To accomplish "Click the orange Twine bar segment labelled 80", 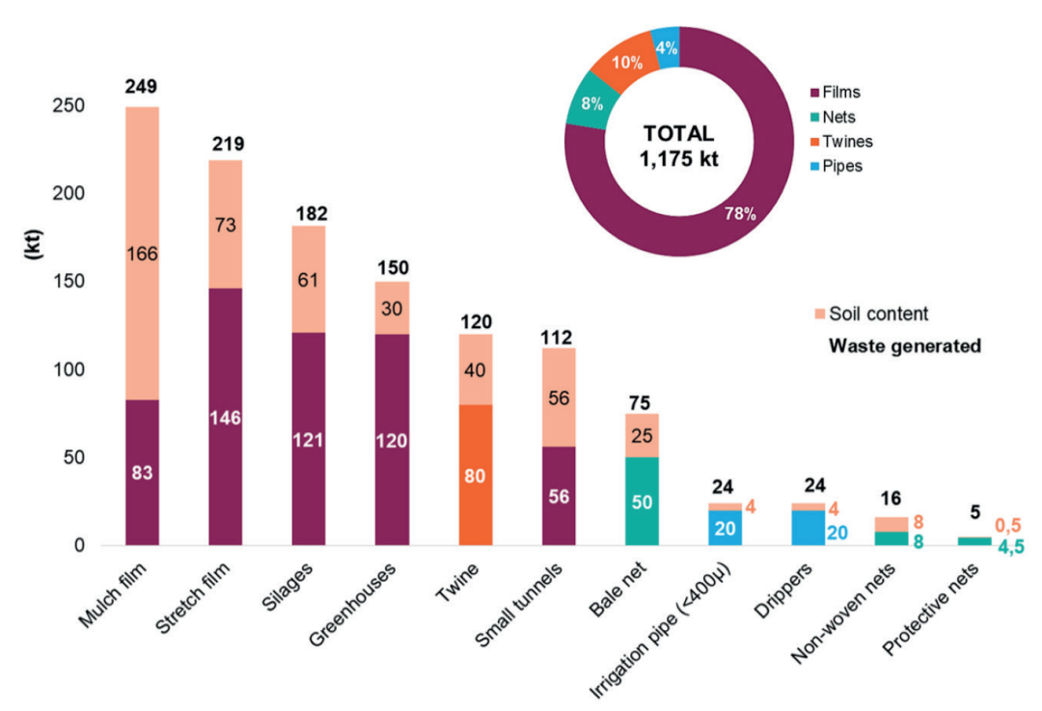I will coord(475,475).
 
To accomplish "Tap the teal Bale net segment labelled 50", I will coord(642,501).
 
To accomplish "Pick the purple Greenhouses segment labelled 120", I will coord(392,440).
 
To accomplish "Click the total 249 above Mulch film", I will coord(142,89).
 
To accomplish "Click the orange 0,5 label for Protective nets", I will coord(1009,526).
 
